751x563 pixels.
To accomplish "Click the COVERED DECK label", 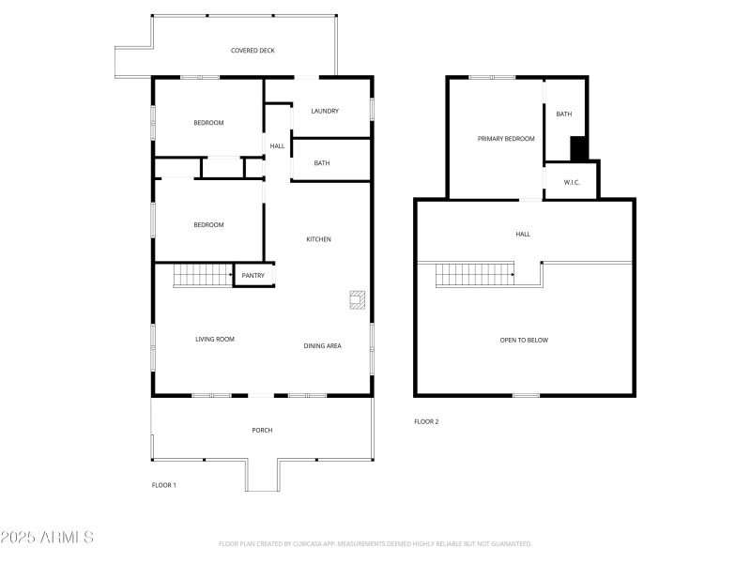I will coord(253,51).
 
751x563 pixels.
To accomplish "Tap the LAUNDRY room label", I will coord(324,112).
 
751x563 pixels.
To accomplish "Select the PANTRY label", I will coord(253,275).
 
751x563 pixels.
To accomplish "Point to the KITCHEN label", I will coord(318,239).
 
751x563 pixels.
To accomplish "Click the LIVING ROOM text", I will coord(215,339).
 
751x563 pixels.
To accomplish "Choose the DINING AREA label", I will coord(322,346).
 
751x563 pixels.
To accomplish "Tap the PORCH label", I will coord(262,430).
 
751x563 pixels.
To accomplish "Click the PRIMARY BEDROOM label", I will coord(506,139).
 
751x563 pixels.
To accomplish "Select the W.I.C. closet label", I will coord(572,182).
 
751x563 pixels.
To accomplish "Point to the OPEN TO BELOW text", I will coord(524,340).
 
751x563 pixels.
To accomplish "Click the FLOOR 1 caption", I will coord(164,485).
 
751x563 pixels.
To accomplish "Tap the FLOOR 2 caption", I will coord(426,421).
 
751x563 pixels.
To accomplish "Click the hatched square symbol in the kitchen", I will coord(357,299).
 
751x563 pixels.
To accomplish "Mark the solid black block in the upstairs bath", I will coord(579,148).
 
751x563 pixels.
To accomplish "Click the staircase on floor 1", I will coord(202,276).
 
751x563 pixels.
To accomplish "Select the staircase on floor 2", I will coord(474,275).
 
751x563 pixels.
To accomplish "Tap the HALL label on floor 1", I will coord(277,146).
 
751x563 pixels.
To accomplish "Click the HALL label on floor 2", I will coord(523,234).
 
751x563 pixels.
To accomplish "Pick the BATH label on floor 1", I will coord(322,163).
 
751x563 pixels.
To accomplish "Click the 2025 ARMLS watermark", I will coord(47,538).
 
